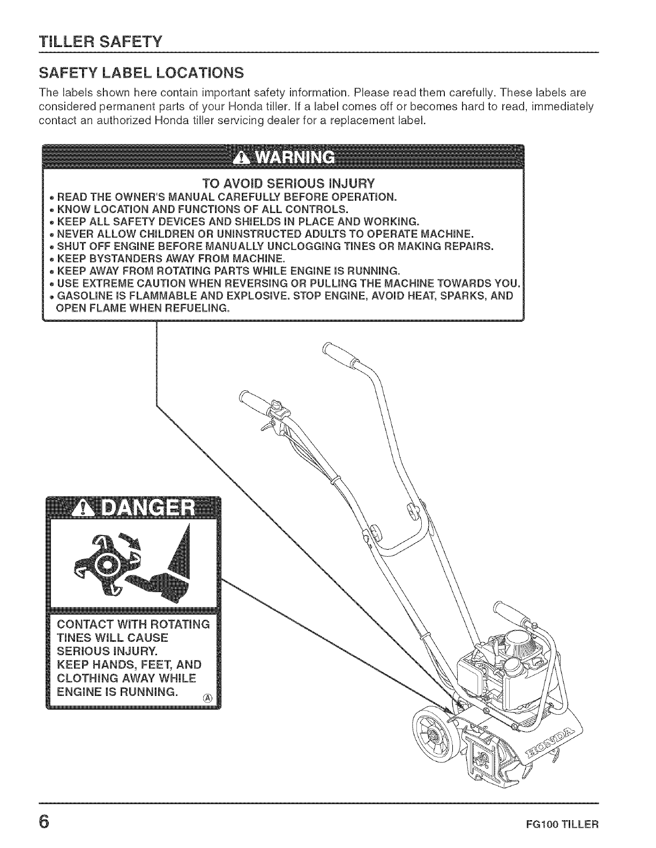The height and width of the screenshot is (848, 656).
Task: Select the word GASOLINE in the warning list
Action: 84,296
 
